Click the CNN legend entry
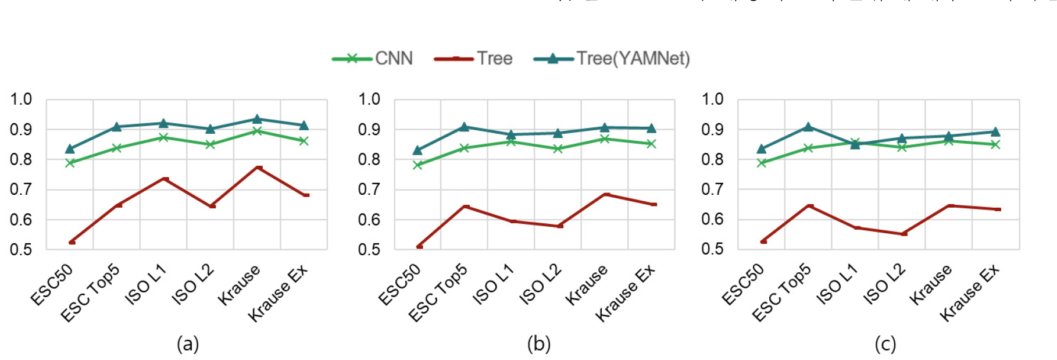[373, 59]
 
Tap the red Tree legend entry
[474, 59]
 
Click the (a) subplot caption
[188, 344]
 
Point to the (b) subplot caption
[538, 344]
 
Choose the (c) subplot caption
[885, 344]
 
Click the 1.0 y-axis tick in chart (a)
[21, 99]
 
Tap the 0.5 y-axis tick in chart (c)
[712, 249]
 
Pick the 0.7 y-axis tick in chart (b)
[369, 189]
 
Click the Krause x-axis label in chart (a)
[239, 284]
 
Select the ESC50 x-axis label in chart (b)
[399, 284]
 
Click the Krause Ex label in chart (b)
[625, 293]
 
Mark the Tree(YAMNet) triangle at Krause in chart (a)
[257, 119]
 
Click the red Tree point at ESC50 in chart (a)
[72, 242]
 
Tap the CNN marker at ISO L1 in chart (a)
[163, 137]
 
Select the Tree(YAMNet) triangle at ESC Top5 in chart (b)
[464, 126]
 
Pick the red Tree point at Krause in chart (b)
[606, 194]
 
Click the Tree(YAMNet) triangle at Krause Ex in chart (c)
[995, 131]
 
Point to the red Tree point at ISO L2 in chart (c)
[904, 234]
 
